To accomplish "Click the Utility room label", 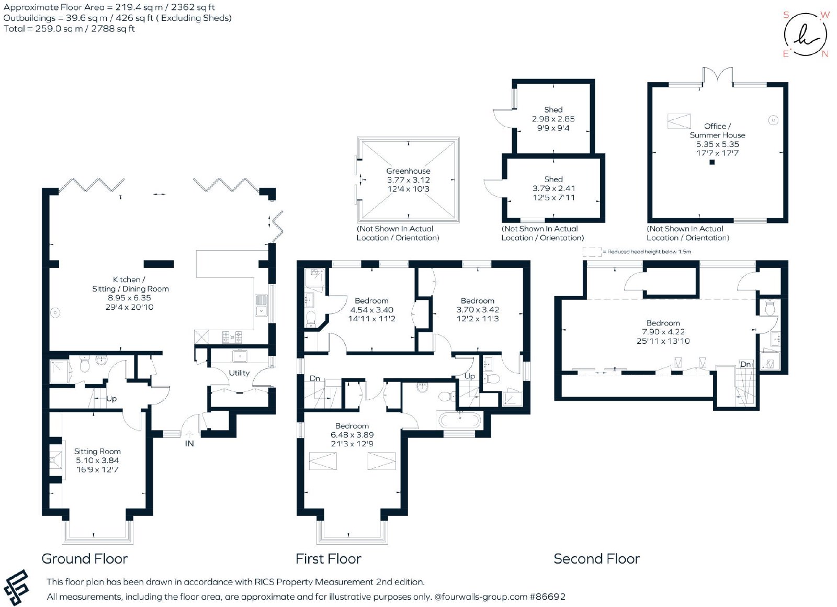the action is (239, 373).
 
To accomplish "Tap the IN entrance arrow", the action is (189, 434).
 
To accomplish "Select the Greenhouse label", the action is (408, 171).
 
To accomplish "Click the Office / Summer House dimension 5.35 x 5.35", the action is (717, 144).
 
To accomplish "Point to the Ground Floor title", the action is (84, 558).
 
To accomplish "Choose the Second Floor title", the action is (596, 558).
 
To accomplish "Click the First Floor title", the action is (328, 558).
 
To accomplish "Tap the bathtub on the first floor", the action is (460, 420).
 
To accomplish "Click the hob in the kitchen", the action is (232, 337).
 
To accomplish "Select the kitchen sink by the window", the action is (261, 305).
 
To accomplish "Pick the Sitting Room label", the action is (97, 451).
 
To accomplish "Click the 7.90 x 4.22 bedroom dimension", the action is (663, 332).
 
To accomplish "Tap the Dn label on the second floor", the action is (745, 364).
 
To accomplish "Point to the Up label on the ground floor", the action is (111, 398).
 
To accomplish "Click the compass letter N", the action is (825, 54).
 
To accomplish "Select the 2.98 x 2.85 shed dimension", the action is (553, 119).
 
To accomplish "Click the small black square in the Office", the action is (712, 162).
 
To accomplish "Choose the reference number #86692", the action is (547, 597).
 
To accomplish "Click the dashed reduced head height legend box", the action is (592, 252).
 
